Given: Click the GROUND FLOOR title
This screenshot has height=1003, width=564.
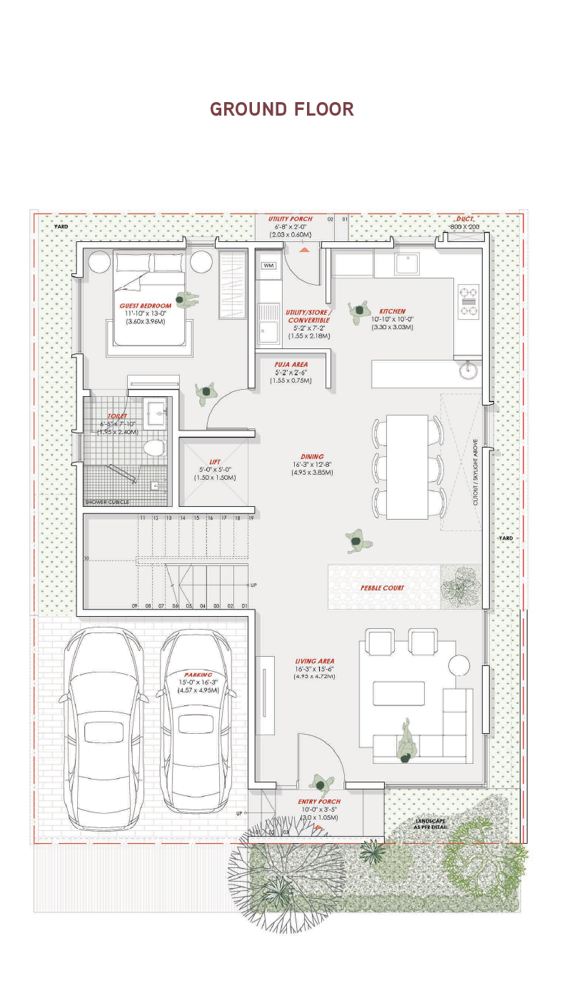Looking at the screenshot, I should click(x=282, y=109).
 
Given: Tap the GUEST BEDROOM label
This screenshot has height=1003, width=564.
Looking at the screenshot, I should click(x=146, y=306).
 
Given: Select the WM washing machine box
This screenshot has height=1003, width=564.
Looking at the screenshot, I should click(x=269, y=266).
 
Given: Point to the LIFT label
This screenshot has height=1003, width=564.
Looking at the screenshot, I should click(x=215, y=462).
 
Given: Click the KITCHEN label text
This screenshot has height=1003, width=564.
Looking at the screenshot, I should click(x=392, y=311).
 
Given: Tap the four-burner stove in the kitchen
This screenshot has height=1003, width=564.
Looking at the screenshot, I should click(x=468, y=301).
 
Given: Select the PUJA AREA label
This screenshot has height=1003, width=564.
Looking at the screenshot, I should click(x=291, y=364).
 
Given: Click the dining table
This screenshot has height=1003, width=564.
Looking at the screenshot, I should click(x=407, y=466).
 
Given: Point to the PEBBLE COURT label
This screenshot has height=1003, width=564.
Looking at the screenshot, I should click(x=382, y=588).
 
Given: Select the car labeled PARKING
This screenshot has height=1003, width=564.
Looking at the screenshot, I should click(x=196, y=721).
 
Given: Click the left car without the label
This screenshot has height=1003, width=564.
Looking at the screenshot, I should click(x=104, y=725).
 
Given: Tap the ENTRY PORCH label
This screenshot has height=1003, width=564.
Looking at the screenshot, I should click(x=319, y=802).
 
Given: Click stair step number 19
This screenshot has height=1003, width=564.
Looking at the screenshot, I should click(x=251, y=518).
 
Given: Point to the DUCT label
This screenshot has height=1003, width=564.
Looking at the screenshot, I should click(x=465, y=218).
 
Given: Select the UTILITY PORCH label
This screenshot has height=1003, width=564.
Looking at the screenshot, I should click(x=291, y=218).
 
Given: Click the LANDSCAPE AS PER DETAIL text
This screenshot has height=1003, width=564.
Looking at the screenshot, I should click(x=430, y=824).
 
